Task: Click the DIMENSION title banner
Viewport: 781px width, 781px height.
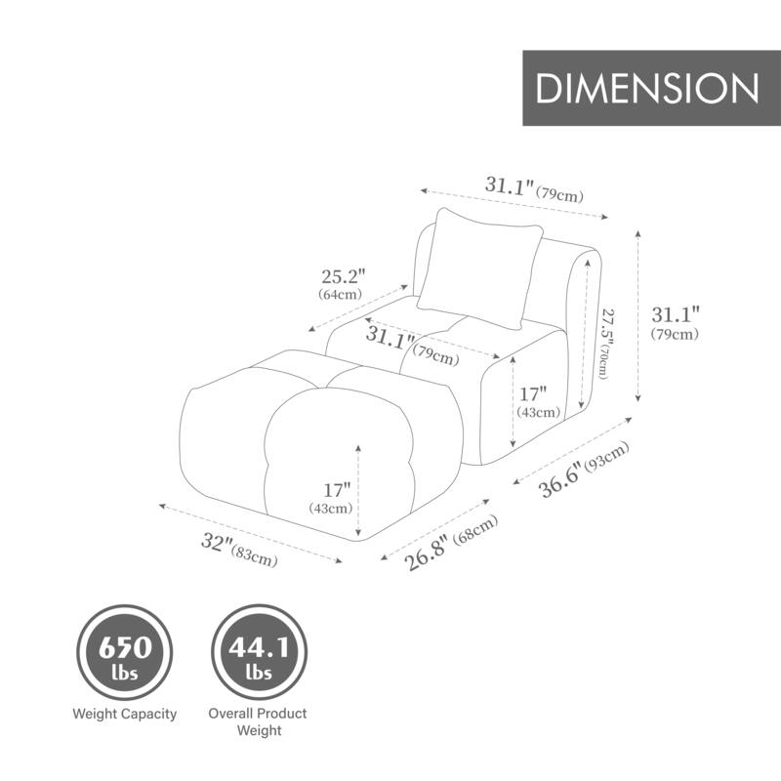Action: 647,88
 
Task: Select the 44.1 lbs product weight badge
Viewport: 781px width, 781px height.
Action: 258,649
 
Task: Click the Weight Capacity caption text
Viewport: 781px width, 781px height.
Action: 125,714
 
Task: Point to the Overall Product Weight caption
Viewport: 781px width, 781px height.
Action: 258,721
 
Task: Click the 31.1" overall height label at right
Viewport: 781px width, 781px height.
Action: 676,322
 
